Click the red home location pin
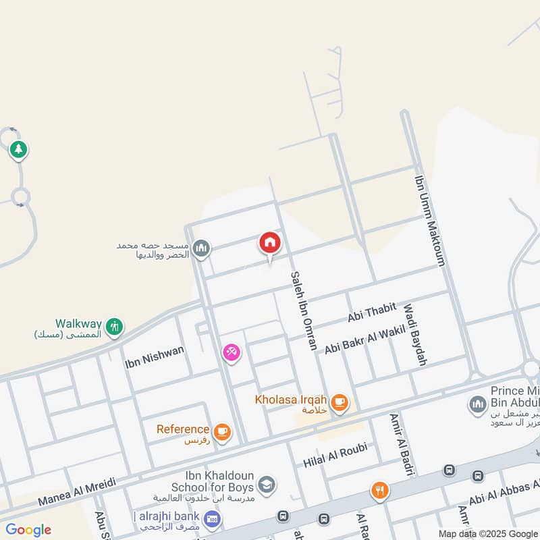tap(270, 243)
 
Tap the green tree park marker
tap(18, 149)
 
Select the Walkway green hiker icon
tap(115, 327)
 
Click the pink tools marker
tap(232, 352)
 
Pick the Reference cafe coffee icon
tap(222, 431)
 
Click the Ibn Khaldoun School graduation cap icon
tap(267, 483)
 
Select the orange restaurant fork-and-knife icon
tap(380, 491)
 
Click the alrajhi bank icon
tap(213, 518)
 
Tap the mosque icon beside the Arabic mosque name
tap(200, 249)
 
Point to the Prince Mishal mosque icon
tap(477, 404)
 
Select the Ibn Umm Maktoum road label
tap(429, 221)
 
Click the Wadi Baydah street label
tap(415, 335)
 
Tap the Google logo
tap(28, 530)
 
